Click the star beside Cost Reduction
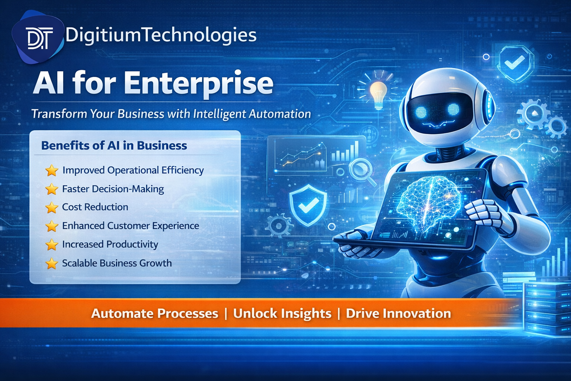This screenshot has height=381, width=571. pyautogui.click(x=52, y=207)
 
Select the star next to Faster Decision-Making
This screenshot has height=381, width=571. pyautogui.click(x=52, y=189)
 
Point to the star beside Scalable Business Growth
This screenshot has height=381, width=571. pyautogui.click(x=52, y=263)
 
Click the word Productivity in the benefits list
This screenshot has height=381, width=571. pyautogui.click(x=133, y=244)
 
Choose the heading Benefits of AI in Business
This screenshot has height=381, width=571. pyautogui.click(x=114, y=145)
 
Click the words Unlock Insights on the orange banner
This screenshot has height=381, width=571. pyautogui.click(x=282, y=313)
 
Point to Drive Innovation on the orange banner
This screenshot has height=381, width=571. pyautogui.click(x=398, y=313)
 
